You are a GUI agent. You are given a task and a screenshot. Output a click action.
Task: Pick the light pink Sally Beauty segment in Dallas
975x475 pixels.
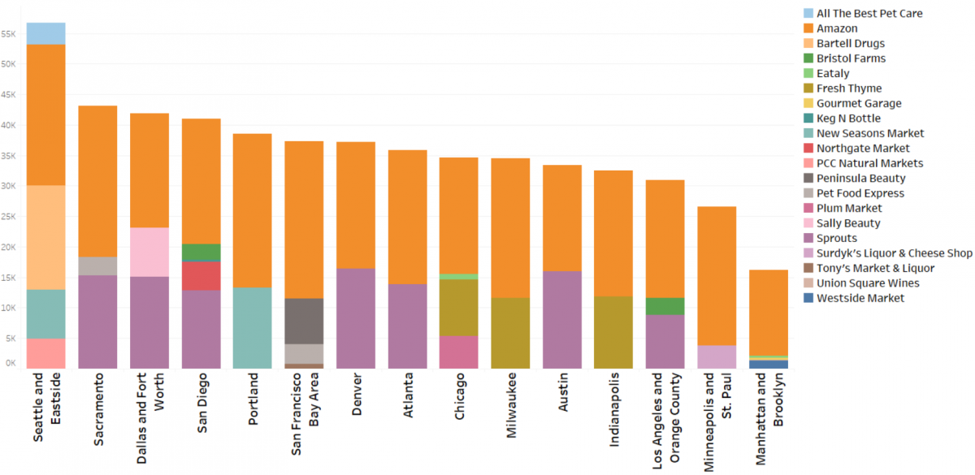149,252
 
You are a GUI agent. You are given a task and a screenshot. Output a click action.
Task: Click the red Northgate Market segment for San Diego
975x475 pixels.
201,275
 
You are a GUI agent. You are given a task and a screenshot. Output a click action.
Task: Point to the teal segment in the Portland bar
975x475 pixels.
253,327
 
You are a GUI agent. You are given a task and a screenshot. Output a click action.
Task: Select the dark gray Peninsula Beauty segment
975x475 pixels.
304,321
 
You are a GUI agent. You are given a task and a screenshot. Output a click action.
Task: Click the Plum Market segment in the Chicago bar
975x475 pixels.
459,352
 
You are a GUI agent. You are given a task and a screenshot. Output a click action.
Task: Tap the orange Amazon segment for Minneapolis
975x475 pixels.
717,276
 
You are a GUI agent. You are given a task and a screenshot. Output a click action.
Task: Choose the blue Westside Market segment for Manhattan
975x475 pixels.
768,364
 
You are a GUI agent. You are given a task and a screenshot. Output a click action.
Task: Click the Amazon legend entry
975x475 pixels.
837,28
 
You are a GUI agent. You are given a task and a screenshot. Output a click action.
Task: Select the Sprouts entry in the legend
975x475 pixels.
837,238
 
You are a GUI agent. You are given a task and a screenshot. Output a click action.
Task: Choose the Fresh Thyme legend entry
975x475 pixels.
849,89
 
